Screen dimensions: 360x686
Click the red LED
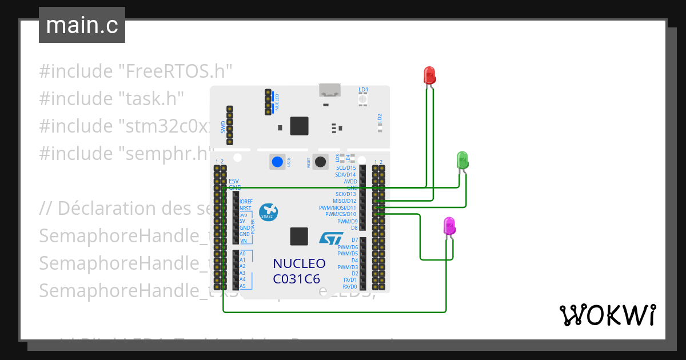429,74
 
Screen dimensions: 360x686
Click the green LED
462,159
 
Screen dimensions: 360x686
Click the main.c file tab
82,25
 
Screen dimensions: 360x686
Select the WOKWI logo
607,315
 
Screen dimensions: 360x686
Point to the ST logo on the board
331,238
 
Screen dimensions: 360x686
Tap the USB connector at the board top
329,90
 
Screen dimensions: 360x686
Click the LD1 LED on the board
363,99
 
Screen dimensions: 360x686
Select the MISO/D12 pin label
345,201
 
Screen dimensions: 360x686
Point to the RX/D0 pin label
347,286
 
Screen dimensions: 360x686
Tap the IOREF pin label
246,202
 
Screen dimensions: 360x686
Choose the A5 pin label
242,286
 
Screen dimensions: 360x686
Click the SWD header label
223,126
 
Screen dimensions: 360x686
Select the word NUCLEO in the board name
299,264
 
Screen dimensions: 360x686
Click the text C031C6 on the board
296,279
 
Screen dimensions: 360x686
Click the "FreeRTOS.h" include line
135,71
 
